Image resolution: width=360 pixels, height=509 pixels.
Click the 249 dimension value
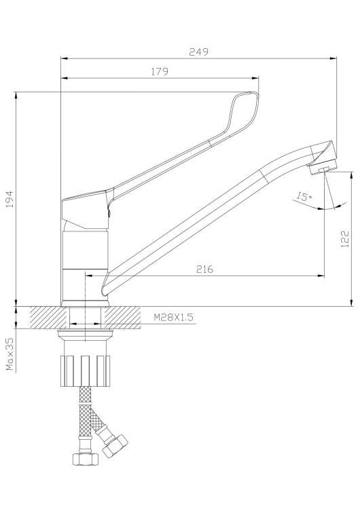(198, 52)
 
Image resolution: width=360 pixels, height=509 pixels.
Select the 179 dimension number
(160, 71)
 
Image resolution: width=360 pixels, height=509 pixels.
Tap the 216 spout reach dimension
(205, 269)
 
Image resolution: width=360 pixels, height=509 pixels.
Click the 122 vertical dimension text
(345, 239)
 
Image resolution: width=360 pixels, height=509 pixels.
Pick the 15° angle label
(304, 197)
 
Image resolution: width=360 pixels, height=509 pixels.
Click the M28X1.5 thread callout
(173, 317)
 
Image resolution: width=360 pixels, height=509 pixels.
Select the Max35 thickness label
(10, 354)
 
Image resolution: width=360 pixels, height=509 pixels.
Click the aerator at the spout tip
(323, 168)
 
